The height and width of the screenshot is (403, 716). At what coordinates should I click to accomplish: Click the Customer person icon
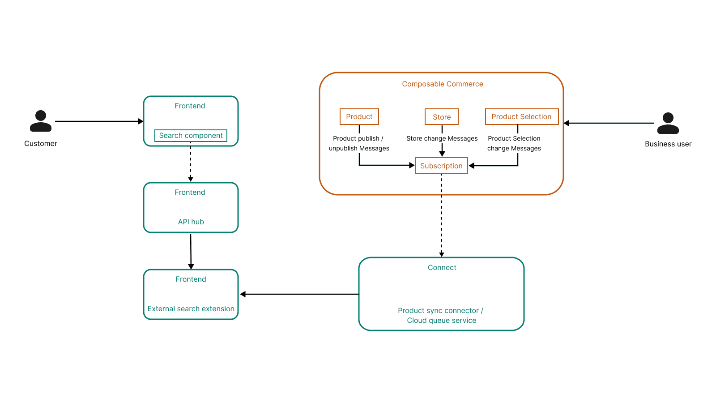tap(41, 121)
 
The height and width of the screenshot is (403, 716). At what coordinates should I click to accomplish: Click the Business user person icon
tap(668, 123)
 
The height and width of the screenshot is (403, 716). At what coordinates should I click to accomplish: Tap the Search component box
tap(191, 135)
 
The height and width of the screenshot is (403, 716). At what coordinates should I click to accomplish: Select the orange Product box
tap(359, 117)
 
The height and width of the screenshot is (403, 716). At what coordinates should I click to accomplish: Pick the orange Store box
tap(442, 117)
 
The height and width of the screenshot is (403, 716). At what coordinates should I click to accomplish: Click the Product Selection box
tap(522, 117)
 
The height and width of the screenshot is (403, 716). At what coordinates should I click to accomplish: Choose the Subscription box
tap(441, 166)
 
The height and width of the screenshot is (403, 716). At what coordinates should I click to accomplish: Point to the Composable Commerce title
tap(443, 84)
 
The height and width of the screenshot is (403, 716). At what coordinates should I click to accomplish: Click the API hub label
tap(191, 222)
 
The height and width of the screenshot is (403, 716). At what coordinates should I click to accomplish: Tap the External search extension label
tap(191, 309)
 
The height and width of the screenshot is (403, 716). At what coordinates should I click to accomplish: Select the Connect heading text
tap(442, 267)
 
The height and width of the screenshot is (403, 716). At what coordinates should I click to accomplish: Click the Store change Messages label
tap(442, 138)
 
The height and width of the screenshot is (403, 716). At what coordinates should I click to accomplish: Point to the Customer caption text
tap(41, 143)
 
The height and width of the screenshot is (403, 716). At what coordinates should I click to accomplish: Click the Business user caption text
tap(668, 144)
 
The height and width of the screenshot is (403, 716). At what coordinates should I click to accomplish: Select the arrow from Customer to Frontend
tap(99, 121)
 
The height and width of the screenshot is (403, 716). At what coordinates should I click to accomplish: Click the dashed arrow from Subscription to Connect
tap(442, 215)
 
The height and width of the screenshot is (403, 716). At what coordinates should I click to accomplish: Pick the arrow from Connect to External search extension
tap(299, 294)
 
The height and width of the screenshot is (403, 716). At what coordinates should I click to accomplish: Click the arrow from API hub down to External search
tap(191, 251)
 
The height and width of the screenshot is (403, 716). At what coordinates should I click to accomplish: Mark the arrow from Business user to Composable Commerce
tap(609, 123)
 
